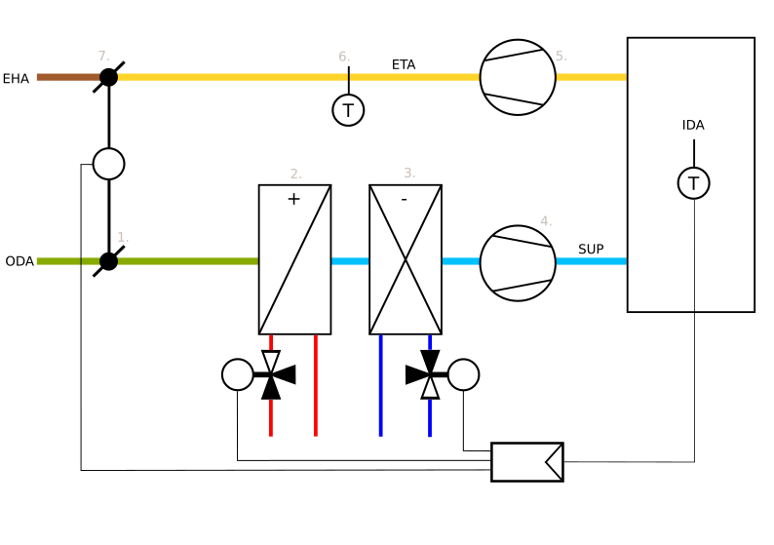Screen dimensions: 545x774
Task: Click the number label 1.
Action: point(123,238)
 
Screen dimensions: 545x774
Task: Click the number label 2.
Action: point(295,175)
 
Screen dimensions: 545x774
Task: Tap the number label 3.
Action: point(409,174)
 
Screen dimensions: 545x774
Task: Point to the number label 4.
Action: point(546,222)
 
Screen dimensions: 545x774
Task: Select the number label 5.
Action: point(561,57)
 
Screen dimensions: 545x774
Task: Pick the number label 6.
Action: point(344,58)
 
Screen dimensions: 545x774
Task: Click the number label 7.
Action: point(103,57)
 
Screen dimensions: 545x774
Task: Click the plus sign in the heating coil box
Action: point(293,199)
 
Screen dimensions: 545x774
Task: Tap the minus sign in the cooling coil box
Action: point(404,200)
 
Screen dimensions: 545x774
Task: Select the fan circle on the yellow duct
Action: point(518,77)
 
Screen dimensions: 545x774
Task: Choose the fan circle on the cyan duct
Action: point(518,263)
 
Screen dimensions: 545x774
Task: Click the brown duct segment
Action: point(67,77)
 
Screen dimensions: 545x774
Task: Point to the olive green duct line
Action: point(185,261)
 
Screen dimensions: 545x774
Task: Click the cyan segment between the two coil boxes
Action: point(350,261)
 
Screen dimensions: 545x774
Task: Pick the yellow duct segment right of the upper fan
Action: point(591,77)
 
